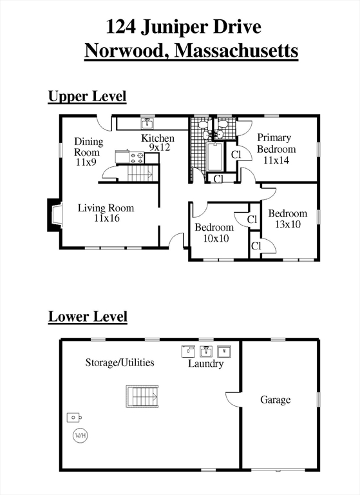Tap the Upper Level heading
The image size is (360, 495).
click(x=87, y=96)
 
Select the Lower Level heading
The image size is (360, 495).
click(x=88, y=316)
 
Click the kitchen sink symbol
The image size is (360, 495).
click(x=147, y=123)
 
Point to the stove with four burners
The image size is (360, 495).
click(x=137, y=157)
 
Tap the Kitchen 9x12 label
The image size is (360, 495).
click(x=157, y=142)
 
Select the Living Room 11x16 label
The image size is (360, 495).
click(x=106, y=213)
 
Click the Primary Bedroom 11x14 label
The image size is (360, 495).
click(x=276, y=149)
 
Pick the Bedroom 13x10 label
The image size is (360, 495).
click(x=288, y=218)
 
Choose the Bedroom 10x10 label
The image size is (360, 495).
click(x=214, y=233)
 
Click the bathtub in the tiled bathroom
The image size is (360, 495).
click(x=215, y=157)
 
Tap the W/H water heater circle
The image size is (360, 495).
click(x=80, y=436)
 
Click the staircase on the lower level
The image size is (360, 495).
click(x=142, y=396)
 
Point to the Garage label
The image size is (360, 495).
click(x=276, y=400)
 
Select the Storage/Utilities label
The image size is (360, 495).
click(x=120, y=362)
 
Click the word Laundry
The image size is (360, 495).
click(x=205, y=364)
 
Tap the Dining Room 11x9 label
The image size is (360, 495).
click(x=88, y=152)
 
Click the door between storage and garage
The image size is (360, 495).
click(x=234, y=400)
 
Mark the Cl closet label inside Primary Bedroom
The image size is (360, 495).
click(x=236, y=155)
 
